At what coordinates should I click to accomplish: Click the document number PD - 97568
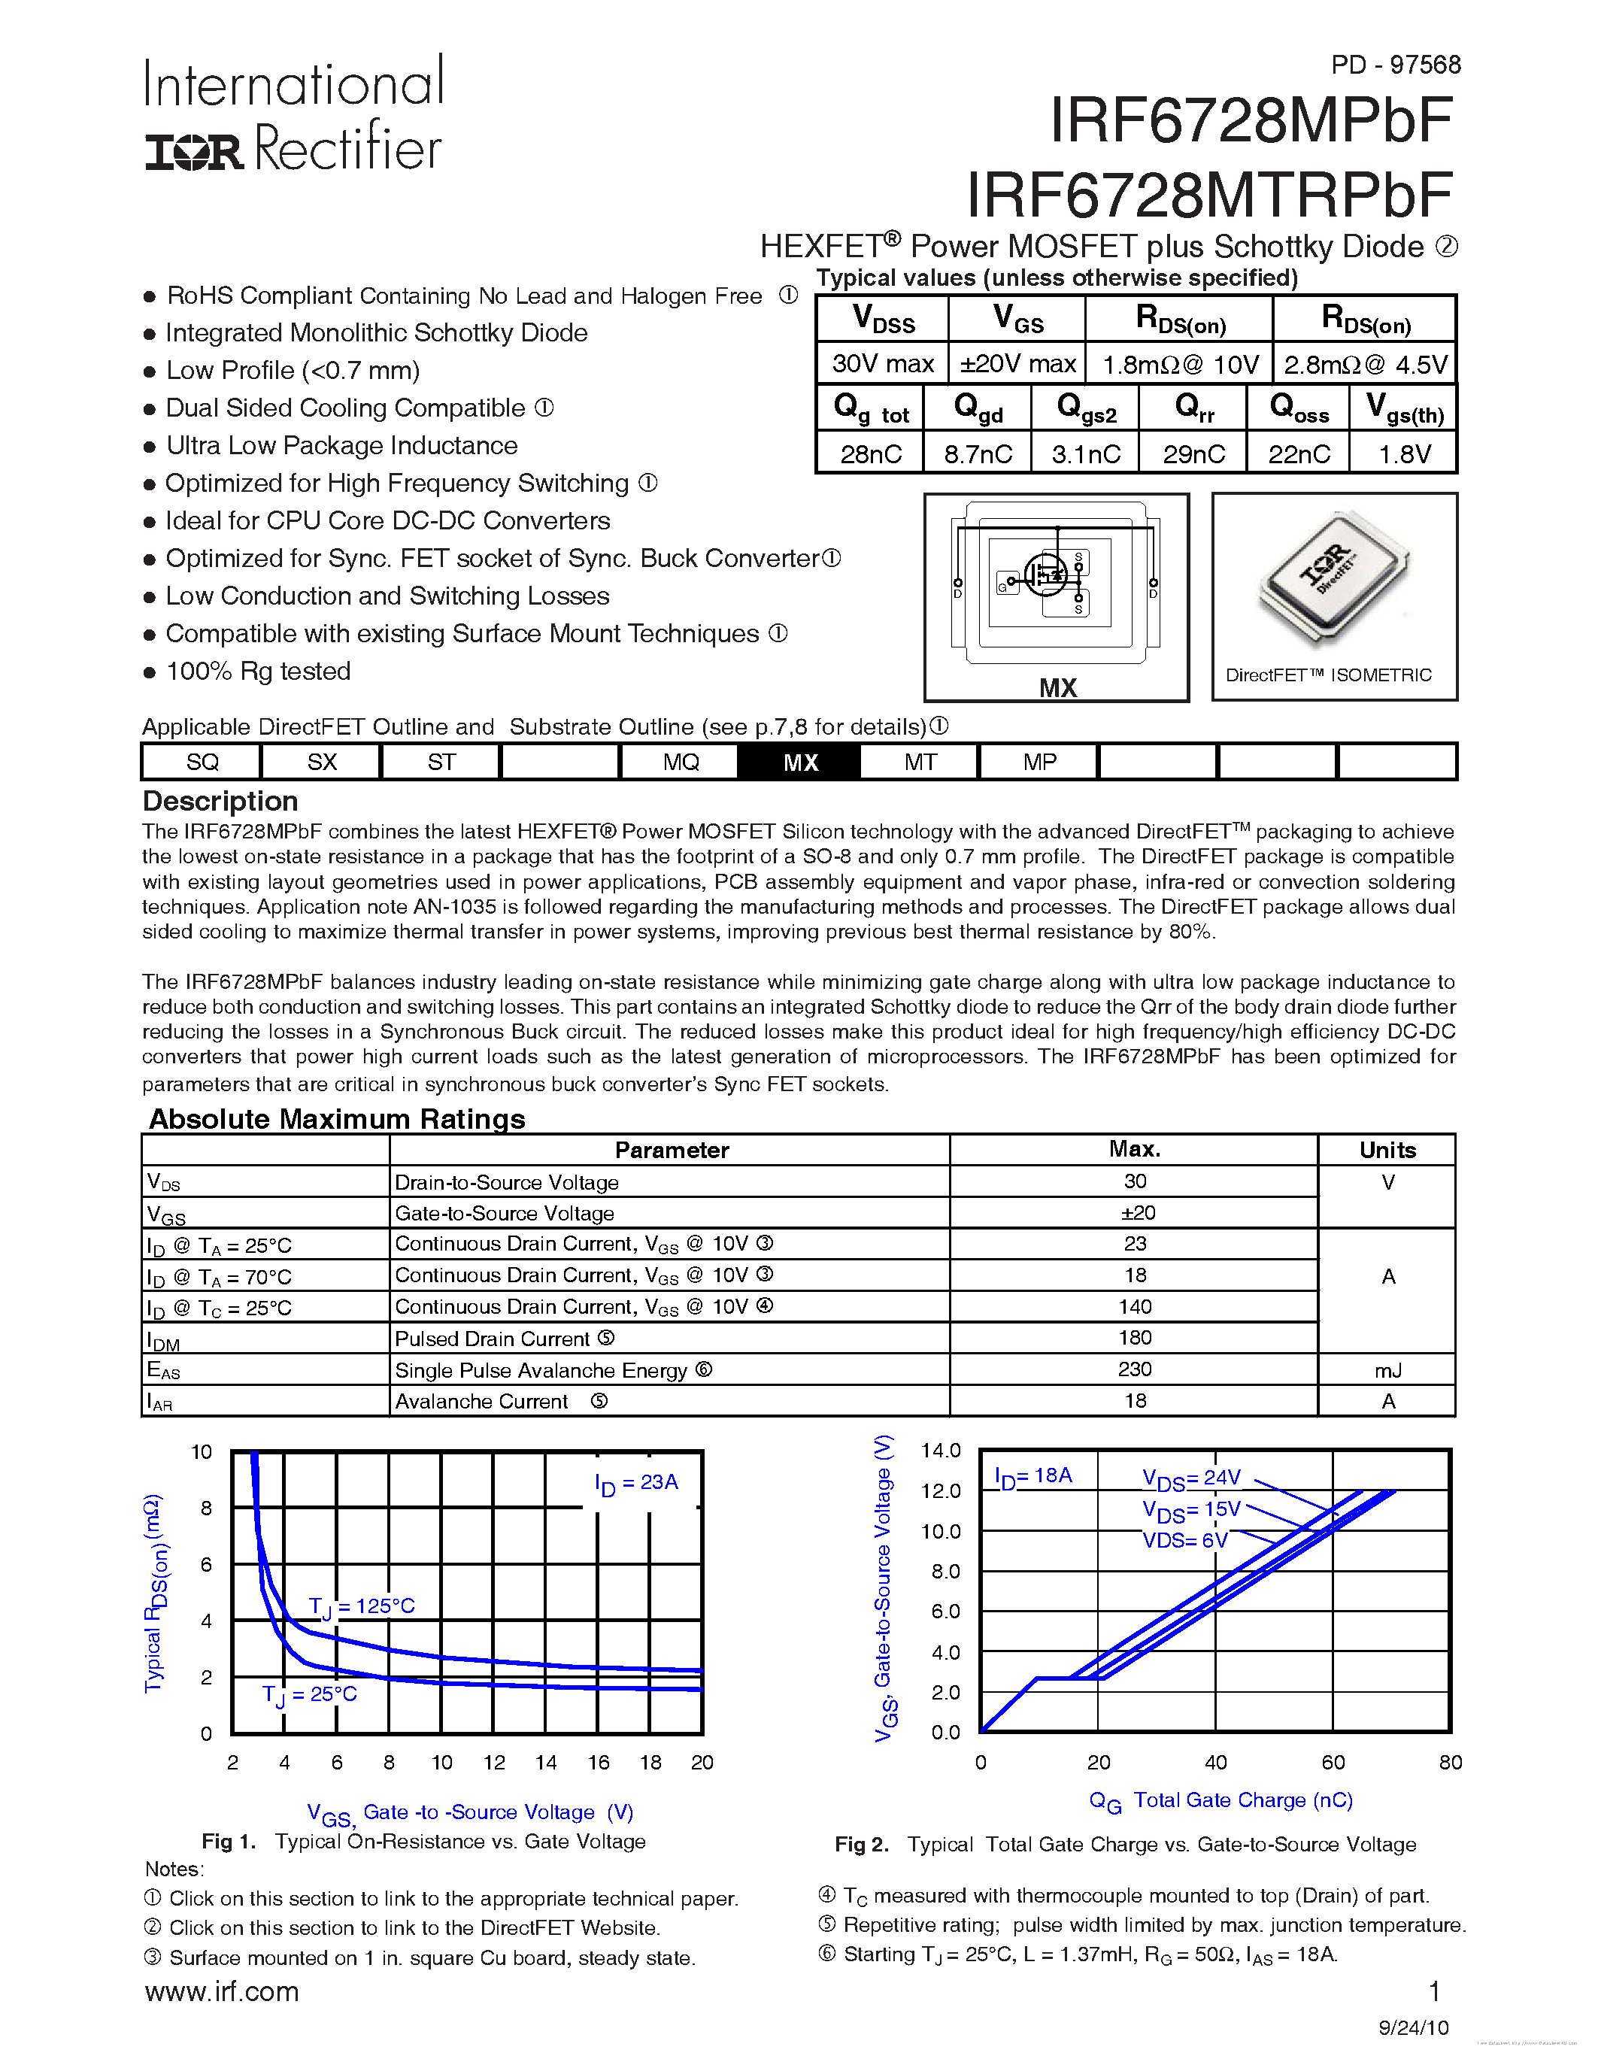[1396, 65]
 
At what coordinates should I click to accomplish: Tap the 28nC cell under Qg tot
[870, 454]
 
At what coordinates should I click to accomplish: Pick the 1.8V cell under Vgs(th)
[1404, 454]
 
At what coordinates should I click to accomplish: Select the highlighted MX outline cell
[800, 763]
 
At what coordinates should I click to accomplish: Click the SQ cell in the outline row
[202, 763]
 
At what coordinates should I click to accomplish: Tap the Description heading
[220, 801]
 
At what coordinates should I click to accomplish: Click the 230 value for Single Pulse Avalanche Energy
[1134, 1369]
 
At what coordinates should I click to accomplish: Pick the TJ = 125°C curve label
[362, 1606]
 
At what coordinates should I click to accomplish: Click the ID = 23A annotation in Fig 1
[636, 1483]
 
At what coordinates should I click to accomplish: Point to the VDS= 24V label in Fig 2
[1191, 1478]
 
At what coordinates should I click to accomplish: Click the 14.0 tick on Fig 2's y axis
[940, 1451]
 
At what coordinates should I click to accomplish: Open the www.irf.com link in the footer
[222, 1991]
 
